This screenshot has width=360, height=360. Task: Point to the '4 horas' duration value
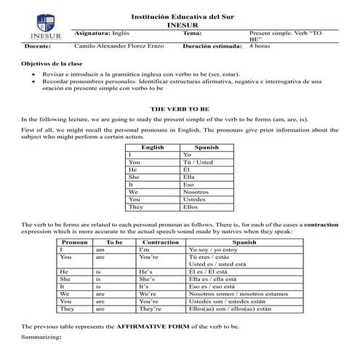pyautogui.click(x=260, y=45)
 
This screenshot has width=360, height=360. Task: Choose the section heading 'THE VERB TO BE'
pyautogui.click(x=180, y=107)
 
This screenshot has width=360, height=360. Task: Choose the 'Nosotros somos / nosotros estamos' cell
pyautogui.click(x=237, y=294)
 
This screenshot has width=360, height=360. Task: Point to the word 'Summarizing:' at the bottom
pyautogui.click(x=41, y=338)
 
